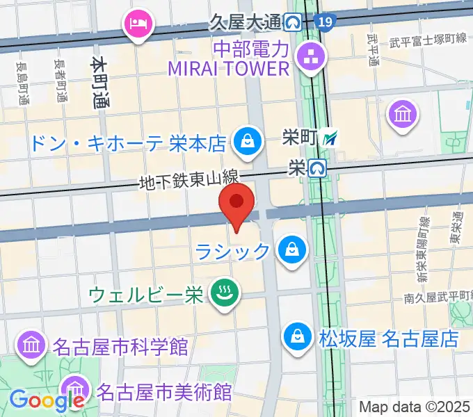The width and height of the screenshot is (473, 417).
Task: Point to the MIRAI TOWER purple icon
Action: (x=307, y=57)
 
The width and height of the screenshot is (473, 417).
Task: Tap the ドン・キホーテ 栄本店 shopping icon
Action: (x=246, y=142)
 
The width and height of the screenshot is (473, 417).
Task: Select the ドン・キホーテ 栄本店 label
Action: (x=128, y=143)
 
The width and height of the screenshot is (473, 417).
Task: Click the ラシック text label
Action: (x=232, y=251)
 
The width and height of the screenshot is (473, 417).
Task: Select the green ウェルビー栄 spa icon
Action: (x=225, y=293)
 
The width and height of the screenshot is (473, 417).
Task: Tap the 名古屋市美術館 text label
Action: (x=164, y=391)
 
